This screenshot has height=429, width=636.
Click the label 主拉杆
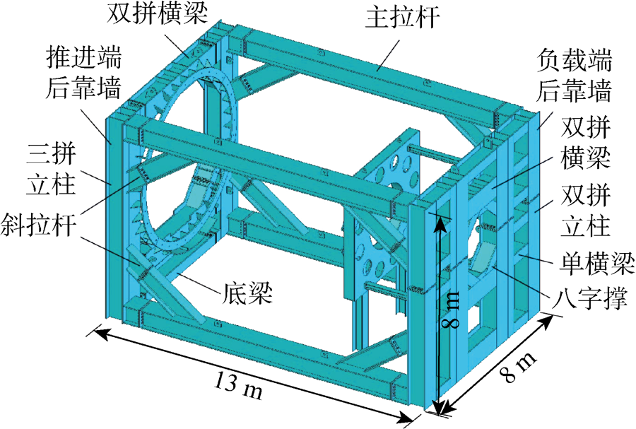(x=402, y=18)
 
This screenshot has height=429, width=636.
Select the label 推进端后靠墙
(x=83, y=74)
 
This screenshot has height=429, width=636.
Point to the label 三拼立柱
(x=51, y=170)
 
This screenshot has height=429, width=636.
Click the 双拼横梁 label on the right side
(x=585, y=144)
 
